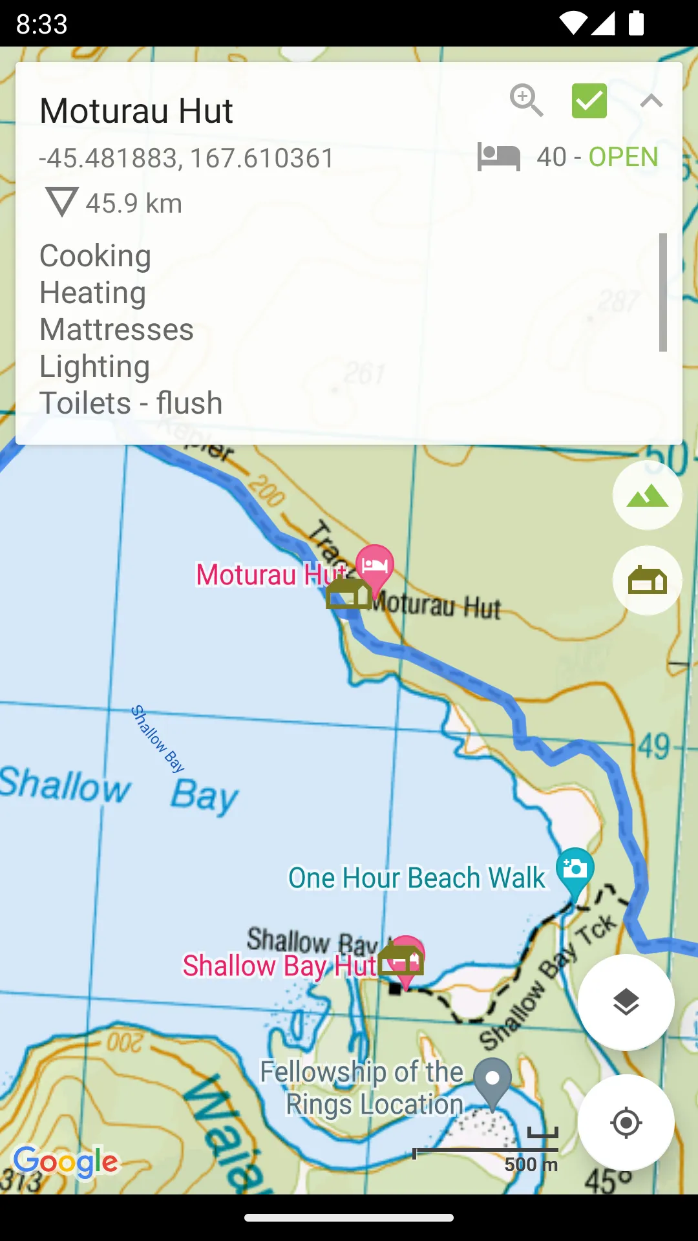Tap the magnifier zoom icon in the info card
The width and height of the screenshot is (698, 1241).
tap(526, 100)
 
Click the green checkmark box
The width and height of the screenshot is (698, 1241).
tap(589, 101)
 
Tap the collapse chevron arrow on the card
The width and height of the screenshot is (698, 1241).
tap(651, 101)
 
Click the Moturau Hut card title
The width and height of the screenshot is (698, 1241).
tap(136, 111)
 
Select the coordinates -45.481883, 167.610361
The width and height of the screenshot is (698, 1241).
tap(186, 158)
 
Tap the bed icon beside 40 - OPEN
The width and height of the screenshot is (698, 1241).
tap(498, 157)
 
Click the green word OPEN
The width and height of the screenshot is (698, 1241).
tap(623, 157)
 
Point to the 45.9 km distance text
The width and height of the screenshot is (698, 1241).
tap(134, 204)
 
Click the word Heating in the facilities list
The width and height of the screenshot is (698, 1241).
tap(93, 293)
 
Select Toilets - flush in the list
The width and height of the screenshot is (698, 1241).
tap(131, 403)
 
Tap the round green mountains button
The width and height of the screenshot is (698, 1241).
tap(647, 496)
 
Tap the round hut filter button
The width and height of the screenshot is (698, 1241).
tap(647, 580)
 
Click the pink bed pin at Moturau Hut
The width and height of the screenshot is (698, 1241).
tap(375, 565)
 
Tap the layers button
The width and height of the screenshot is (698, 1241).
tap(626, 1002)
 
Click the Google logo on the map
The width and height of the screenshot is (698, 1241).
tap(66, 1161)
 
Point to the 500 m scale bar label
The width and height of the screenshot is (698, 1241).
tap(531, 1164)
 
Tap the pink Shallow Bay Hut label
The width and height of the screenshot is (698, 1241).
tap(279, 966)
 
